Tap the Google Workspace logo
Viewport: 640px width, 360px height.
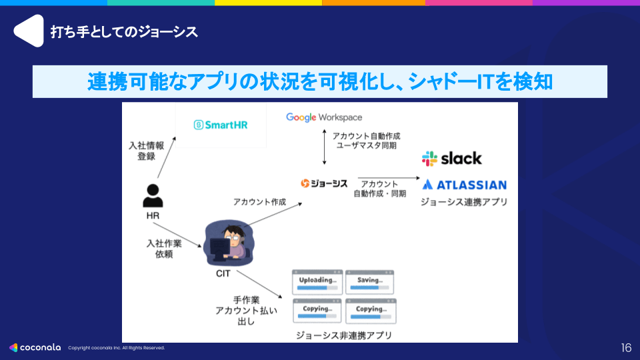(324, 117)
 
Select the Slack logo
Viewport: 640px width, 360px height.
(451, 159)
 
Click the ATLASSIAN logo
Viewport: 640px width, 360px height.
(464, 185)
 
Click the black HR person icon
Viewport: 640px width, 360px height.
(153, 195)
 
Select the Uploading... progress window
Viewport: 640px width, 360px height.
(317, 282)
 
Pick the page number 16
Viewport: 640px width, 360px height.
(625, 347)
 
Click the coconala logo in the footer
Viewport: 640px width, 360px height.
(35, 347)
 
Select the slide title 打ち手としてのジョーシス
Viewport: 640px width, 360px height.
(124, 31)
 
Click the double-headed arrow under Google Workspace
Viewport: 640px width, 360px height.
(324, 147)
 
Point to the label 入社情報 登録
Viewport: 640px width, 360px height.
(142, 150)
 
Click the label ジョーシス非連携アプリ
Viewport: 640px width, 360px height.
(343, 335)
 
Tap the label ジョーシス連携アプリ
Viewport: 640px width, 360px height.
(463, 201)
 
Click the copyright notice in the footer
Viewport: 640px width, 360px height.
(116, 348)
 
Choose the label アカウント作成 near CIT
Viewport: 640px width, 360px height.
(259, 201)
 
